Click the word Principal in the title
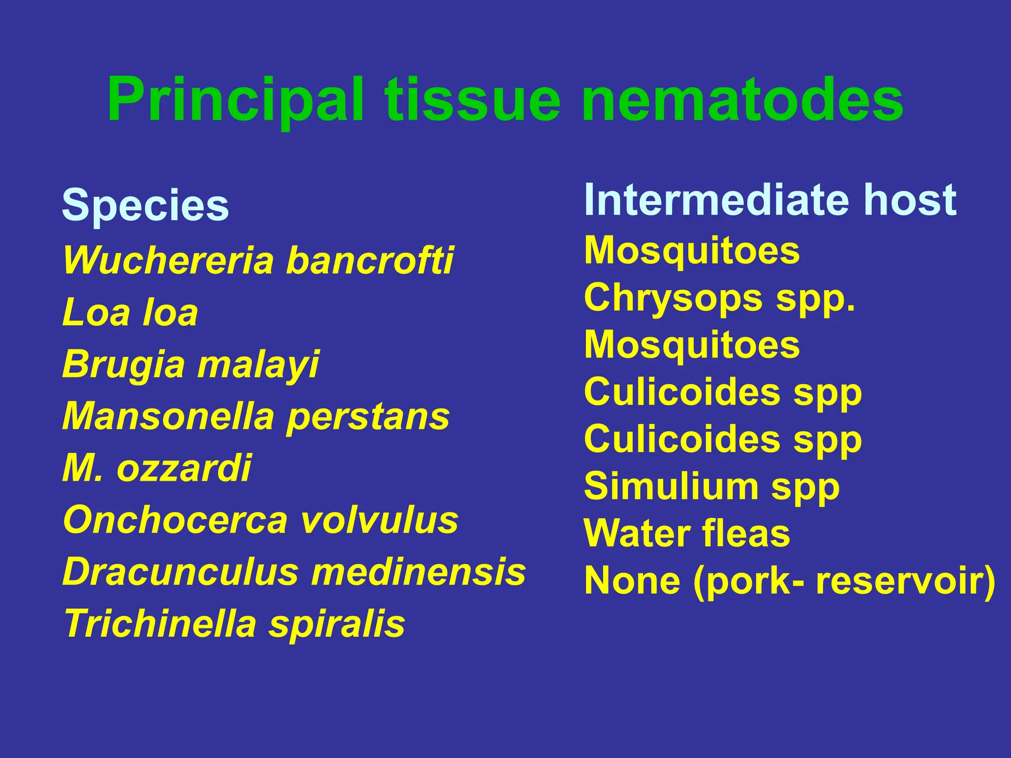(x=235, y=100)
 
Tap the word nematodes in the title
(x=742, y=100)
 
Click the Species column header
(x=145, y=205)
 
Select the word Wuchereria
(x=168, y=260)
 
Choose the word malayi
(x=259, y=365)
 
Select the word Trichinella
(x=160, y=624)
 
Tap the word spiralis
(x=337, y=624)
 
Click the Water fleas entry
(x=687, y=533)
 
